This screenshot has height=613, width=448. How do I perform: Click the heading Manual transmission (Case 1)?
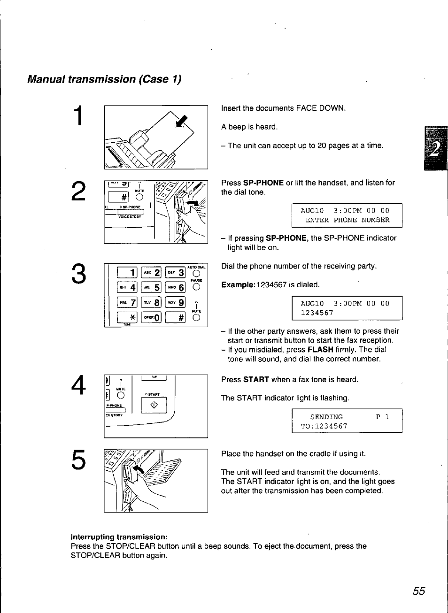(x=104, y=79)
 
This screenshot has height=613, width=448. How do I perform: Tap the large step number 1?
(x=80, y=116)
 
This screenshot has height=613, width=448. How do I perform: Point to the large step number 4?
(x=78, y=385)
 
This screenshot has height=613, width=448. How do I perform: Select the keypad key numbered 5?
(x=151, y=287)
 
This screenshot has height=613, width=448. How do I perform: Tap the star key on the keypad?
(x=127, y=318)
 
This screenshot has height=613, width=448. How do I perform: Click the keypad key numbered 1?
(x=127, y=273)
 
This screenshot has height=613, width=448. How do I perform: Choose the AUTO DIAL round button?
(x=196, y=274)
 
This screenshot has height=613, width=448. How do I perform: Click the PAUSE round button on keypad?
(x=196, y=287)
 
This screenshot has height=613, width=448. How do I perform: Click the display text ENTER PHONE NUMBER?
(x=347, y=220)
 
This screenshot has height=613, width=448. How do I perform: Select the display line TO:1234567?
(x=324, y=426)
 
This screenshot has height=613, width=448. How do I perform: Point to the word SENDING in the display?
(x=326, y=417)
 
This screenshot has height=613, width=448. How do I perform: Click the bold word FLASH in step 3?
(x=320, y=350)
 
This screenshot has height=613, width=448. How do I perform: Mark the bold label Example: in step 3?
(x=238, y=285)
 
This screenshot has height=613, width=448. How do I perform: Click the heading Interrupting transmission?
(x=119, y=537)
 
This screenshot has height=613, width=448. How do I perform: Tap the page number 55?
(x=419, y=591)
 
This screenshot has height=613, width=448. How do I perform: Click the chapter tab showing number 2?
(x=435, y=149)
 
